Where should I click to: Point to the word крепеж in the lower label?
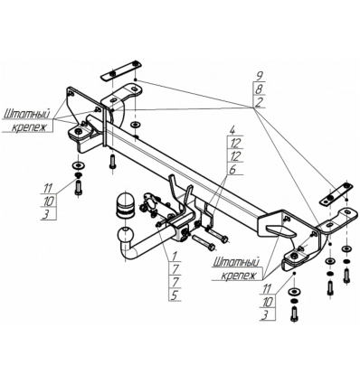[238, 273]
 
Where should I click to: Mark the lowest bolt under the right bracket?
[294, 316]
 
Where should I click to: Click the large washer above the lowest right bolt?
[294, 293]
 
